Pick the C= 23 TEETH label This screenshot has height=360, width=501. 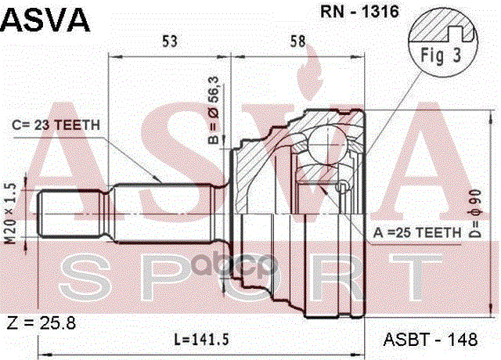(61, 125)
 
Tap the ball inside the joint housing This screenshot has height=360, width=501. (323, 145)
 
